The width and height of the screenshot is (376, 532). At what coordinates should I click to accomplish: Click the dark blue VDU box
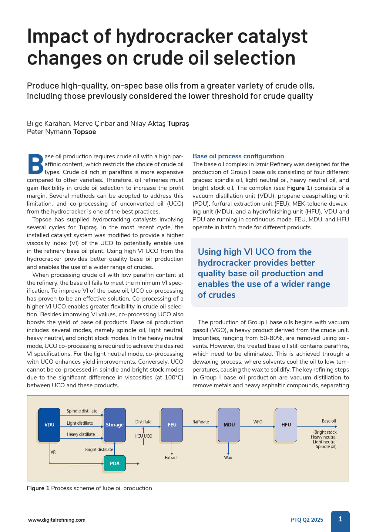(x=49, y=425)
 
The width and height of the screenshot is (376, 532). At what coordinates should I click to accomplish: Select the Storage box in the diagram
(x=115, y=425)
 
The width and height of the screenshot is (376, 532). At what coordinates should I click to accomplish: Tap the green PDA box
(x=115, y=463)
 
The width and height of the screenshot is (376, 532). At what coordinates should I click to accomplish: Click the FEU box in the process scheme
(x=172, y=425)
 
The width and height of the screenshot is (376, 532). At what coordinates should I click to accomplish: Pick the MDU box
(x=229, y=425)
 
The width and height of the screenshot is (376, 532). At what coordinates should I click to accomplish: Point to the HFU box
(x=286, y=425)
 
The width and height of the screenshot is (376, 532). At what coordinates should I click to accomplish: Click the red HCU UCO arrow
(x=143, y=430)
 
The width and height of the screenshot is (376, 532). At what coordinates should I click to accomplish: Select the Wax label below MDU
(x=228, y=458)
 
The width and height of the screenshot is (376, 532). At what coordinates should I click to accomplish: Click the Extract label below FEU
(x=171, y=458)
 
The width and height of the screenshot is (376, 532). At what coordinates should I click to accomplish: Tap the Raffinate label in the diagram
(x=201, y=422)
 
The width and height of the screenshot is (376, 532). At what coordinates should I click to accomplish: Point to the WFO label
(x=258, y=422)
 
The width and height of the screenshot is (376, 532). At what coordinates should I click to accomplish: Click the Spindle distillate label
(x=82, y=411)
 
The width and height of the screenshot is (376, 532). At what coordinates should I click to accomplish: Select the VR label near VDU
(x=53, y=452)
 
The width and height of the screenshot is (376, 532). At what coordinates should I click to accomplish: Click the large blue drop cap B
(x=36, y=164)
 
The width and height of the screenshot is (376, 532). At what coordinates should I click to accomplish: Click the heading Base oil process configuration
(x=238, y=156)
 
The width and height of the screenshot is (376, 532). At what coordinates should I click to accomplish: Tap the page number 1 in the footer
(x=340, y=519)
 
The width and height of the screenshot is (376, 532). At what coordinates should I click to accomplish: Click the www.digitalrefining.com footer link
(x=57, y=520)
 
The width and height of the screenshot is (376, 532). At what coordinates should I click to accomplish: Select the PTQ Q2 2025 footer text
(x=307, y=520)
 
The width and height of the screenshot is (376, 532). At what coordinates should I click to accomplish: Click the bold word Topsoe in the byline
(x=85, y=132)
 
